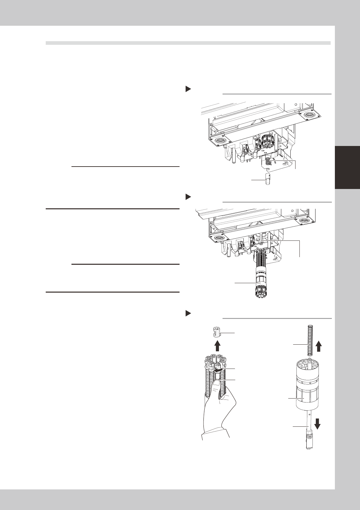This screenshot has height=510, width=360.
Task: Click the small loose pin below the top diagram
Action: [x=268, y=181]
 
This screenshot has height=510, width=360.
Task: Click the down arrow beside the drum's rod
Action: [x=318, y=424]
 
